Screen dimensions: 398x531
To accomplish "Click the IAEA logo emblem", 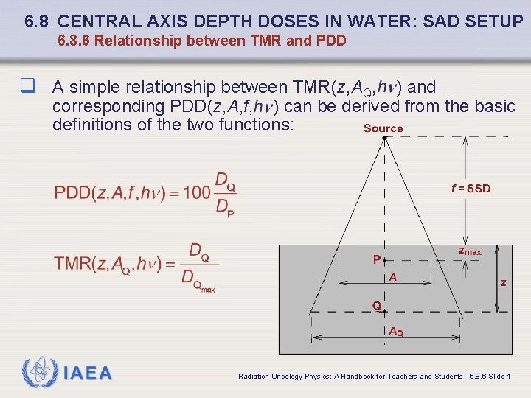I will [x=39, y=372].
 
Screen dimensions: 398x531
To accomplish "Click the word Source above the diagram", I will [x=383, y=128].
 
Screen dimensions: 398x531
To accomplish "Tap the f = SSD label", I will [x=471, y=189].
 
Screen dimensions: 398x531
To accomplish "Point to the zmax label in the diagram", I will [x=469, y=251].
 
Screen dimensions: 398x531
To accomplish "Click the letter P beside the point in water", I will [x=376, y=259].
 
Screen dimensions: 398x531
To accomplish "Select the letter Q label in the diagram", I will [x=376, y=305].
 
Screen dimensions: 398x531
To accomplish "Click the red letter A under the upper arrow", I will [x=393, y=277].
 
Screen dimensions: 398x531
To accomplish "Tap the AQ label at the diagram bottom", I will [x=396, y=332].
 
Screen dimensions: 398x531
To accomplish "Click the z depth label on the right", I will [x=503, y=282].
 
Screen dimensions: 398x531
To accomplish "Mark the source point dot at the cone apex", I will [x=384, y=138].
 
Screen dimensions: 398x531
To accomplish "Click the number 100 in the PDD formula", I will [x=196, y=193].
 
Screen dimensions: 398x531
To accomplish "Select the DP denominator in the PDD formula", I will [x=224, y=209].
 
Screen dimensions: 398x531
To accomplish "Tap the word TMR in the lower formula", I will [x=73, y=264].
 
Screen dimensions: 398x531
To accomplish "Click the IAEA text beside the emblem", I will [x=88, y=373].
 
